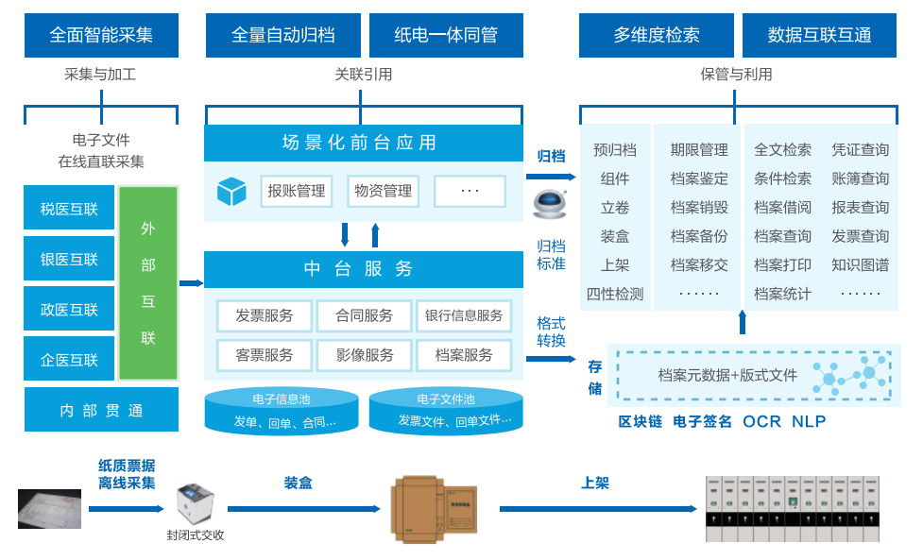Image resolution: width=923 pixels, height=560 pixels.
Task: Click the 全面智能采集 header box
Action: (x=101, y=36)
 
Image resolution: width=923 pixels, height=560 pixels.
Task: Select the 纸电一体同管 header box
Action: (x=446, y=36)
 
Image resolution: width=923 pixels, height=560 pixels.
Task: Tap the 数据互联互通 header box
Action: (x=819, y=36)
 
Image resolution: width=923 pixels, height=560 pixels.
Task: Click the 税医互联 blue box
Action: (x=69, y=208)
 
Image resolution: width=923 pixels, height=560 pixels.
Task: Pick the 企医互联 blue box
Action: (x=69, y=359)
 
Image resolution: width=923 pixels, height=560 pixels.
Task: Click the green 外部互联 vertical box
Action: (x=148, y=283)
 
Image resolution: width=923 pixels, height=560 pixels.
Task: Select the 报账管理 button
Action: (x=297, y=191)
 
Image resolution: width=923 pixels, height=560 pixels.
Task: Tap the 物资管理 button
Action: (x=383, y=191)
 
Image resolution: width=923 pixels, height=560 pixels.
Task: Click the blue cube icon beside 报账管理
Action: (x=231, y=191)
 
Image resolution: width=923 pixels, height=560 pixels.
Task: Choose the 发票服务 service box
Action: (x=265, y=315)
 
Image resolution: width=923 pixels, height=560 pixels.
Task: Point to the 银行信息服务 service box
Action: (x=464, y=315)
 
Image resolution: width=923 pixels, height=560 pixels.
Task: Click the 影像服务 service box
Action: (x=365, y=356)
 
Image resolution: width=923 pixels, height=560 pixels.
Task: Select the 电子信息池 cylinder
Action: (x=282, y=411)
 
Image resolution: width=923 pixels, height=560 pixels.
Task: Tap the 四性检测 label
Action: (x=615, y=294)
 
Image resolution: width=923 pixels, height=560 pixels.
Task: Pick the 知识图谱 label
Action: (x=860, y=264)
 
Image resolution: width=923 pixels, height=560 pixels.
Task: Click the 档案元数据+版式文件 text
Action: (x=727, y=375)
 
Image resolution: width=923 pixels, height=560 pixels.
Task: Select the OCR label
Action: (x=761, y=421)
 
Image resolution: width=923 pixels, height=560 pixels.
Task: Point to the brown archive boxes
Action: (x=434, y=509)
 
